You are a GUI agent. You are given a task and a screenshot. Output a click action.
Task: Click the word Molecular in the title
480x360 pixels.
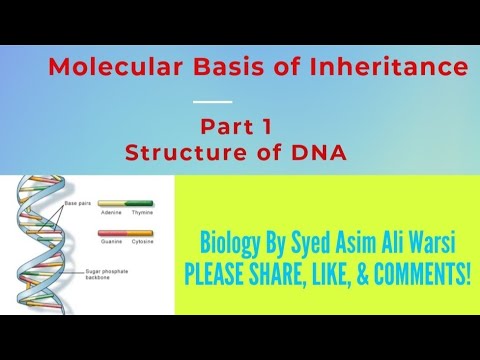(x=101, y=68)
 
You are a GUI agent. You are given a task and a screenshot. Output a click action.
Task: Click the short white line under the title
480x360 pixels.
(x=211, y=101)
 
